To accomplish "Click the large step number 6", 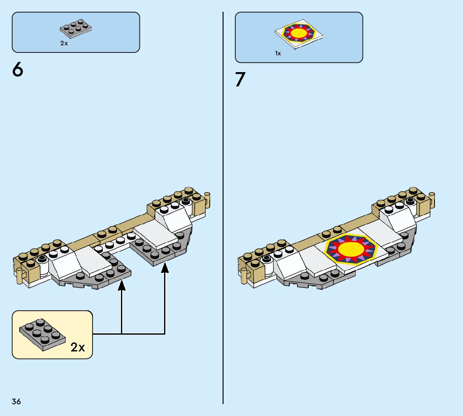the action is coord(18,70).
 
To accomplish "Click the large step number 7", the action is coord(240,80).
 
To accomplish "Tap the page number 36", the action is coord(16,402).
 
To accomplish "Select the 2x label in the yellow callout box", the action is coord(78,347).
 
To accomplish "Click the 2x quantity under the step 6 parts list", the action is coord(64,43).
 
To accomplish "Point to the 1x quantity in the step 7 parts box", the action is coord(278,53).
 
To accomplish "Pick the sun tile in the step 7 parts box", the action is coord(299,34).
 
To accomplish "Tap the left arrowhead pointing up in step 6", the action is coord(121,285).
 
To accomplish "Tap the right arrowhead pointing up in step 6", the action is coord(165,267).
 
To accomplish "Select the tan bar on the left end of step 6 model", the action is coord(19,275).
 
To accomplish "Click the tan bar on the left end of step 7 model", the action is coord(244,275).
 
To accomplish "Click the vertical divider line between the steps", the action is coord(223,210).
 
